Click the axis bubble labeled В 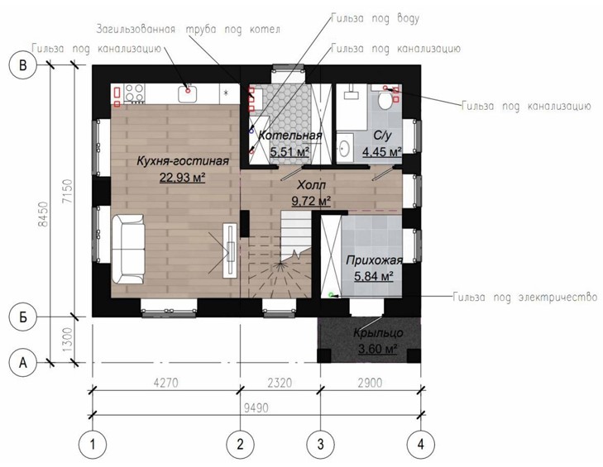pos(23,65)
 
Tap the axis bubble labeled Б pos(23,317)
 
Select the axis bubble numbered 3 pos(320,444)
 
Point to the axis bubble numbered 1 pos(93,444)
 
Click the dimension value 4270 pos(165,383)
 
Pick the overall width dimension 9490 pos(256,407)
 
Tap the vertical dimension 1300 pos(67,340)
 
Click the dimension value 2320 pos(280,383)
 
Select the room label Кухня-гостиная pos(183,160)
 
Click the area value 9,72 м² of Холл pos(312,201)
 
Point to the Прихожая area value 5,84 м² pos(373,275)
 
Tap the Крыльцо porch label pos(378,332)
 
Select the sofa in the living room pos(128,250)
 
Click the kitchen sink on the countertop pos(188,93)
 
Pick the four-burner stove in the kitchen pos(135,93)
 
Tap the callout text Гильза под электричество pos(525,297)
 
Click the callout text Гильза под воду pos(375,18)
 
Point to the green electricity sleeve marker pos(330,295)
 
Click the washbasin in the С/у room pos(345,146)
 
